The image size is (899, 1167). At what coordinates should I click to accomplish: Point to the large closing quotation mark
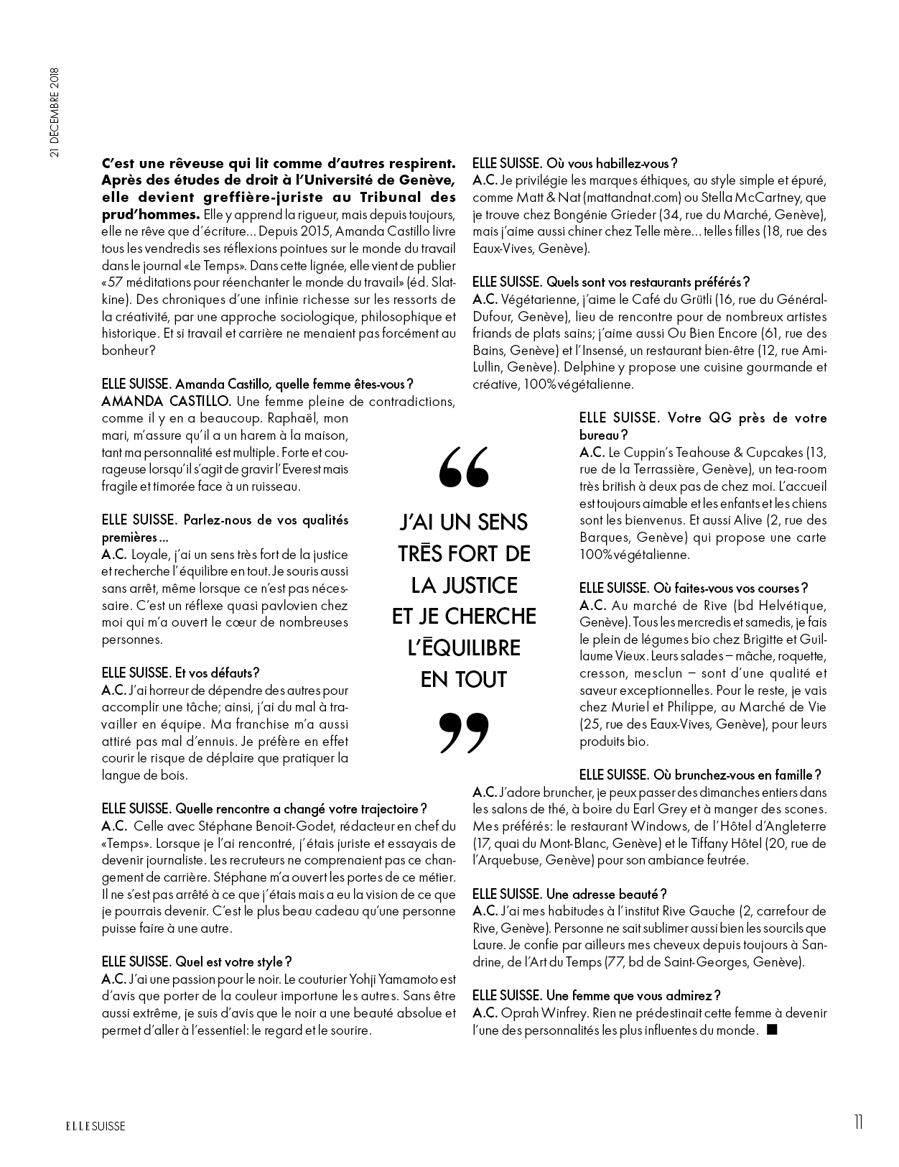click(463, 733)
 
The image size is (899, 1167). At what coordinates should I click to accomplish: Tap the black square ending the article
click(772, 1030)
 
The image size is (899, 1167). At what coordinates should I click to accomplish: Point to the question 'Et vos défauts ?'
click(217, 673)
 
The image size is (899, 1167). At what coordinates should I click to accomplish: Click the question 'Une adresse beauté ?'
click(606, 894)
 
